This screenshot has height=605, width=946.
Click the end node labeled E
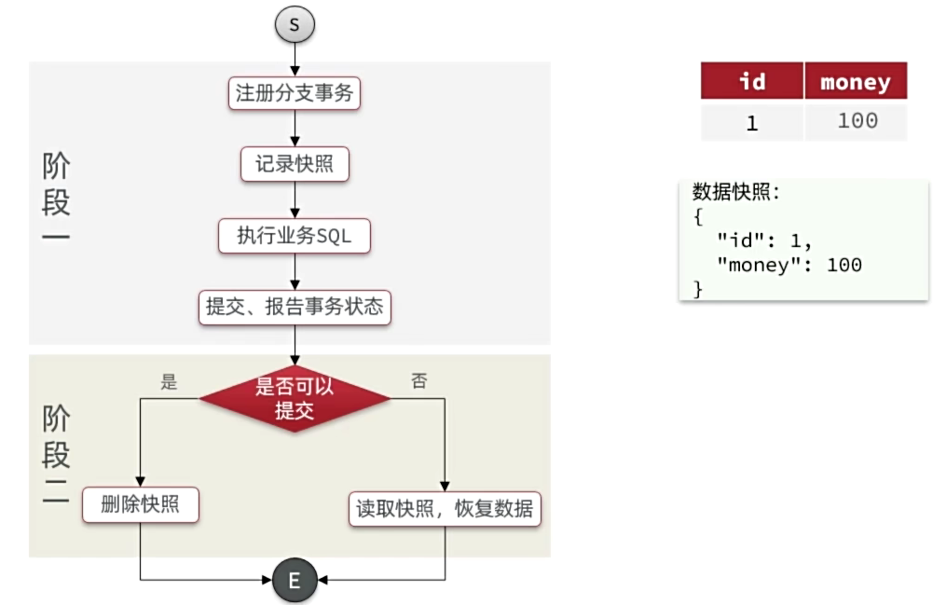295,581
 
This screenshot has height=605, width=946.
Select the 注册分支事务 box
295,93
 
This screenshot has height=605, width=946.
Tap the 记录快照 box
295,164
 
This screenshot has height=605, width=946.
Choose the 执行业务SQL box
295,236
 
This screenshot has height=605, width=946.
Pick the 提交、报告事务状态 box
295,307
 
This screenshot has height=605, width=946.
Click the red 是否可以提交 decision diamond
295,399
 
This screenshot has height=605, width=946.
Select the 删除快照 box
141,506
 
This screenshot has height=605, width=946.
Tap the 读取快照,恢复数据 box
445,509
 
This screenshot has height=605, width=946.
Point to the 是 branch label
169,381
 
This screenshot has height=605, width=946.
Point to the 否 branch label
419,381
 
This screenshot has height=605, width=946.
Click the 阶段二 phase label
57,454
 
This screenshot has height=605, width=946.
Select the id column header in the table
752,81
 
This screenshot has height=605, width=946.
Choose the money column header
856,81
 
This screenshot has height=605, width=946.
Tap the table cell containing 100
856,121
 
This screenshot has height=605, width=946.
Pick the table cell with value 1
752,122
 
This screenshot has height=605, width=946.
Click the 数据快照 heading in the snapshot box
735,193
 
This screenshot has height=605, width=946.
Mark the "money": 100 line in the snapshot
788,265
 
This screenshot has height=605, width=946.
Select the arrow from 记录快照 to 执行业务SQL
295,199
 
